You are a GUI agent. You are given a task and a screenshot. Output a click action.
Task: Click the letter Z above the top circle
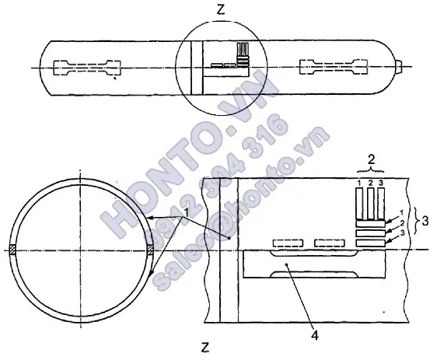(221, 10)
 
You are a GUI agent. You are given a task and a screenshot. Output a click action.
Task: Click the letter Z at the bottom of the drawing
(205, 348)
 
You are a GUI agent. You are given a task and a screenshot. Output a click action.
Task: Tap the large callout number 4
(316, 335)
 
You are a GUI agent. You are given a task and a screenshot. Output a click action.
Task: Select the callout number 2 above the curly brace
(371, 160)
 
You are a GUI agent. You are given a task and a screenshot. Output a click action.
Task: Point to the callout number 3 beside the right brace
(425, 222)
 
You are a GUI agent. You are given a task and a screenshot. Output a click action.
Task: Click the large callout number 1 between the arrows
(186, 212)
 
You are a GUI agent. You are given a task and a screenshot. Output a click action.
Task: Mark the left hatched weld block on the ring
(12, 250)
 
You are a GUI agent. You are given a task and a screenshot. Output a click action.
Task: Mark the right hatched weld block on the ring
(150, 250)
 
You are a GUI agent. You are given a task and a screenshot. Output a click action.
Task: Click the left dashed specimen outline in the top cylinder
(87, 68)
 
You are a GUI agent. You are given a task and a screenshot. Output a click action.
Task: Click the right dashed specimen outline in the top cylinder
(334, 67)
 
